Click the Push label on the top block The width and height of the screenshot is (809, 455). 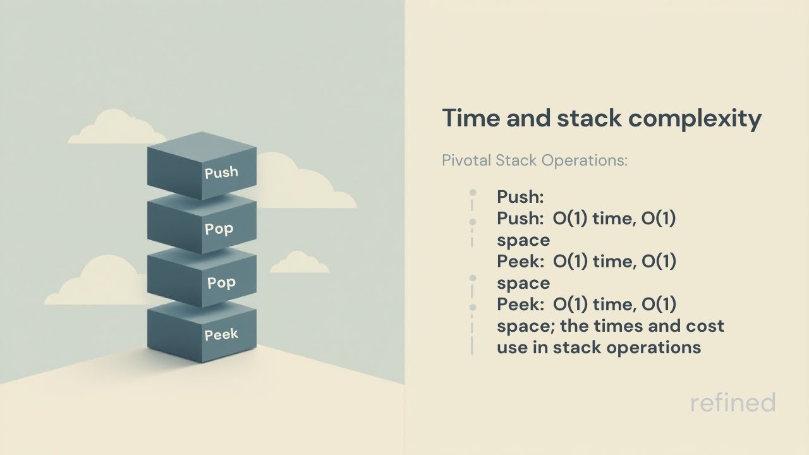click(x=221, y=172)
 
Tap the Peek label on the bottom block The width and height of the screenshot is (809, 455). click(x=221, y=334)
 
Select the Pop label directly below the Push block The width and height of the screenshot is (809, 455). click(x=219, y=228)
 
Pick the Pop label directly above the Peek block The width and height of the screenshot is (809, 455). click(x=221, y=282)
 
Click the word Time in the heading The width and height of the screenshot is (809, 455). click(x=467, y=119)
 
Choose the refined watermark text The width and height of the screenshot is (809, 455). click(x=733, y=403)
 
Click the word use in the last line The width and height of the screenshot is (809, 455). click(x=510, y=347)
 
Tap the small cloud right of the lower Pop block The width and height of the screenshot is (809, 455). click(x=299, y=262)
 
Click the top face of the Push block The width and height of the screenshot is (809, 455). click(x=202, y=145)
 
